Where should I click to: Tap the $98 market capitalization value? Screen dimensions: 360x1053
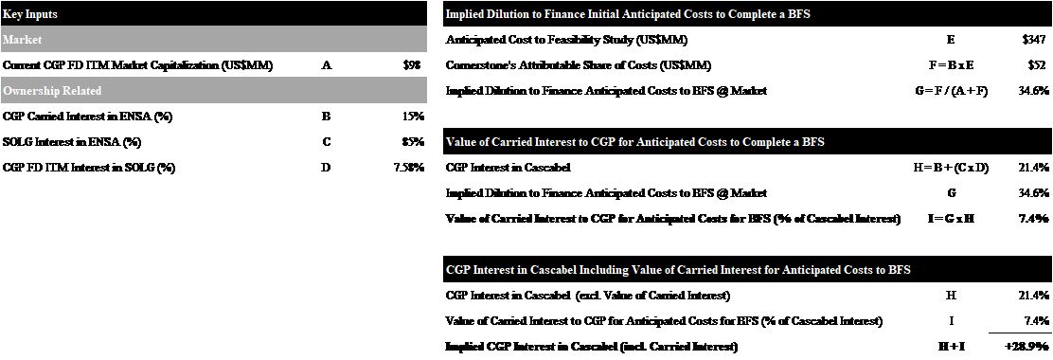click(x=411, y=65)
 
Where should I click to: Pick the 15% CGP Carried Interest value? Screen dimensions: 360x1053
click(x=413, y=117)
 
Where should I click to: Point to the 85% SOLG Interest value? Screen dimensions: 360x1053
click(x=413, y=142)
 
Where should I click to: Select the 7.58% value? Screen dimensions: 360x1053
click(x=408, y=168)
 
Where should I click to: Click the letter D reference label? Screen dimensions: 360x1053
click(x=326, y=168)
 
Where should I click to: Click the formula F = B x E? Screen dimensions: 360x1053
click(x=950, y=65)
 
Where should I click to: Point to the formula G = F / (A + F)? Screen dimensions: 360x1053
click(x=950, y=91)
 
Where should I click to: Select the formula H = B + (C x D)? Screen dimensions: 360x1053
click(x=950, y=168)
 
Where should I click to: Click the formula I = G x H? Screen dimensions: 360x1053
click(x=950, y=219)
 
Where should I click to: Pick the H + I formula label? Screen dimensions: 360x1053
click(x=951, y=347)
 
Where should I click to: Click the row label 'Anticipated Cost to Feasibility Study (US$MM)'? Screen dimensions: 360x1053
click(x=566, y=40)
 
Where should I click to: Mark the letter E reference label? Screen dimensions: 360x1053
click(x=951, y=40)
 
